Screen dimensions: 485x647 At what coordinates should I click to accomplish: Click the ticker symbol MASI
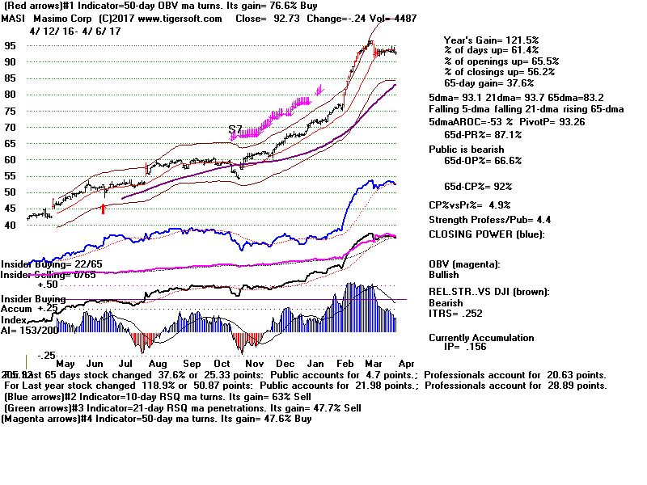pos(14,19)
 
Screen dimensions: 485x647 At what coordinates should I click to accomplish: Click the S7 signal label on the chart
pos(235,129)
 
